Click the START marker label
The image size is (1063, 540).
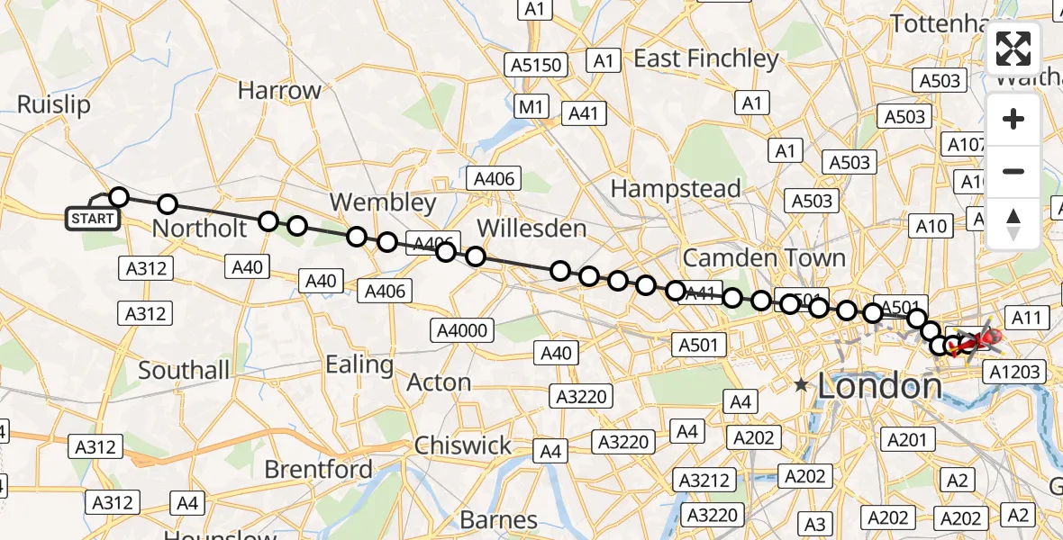[x=93, y=219]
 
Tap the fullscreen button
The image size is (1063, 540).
[x=1013, y=49]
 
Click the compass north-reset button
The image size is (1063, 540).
[x=1013, y=224]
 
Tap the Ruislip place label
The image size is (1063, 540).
[x=54, y=104]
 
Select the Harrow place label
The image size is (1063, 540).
[x=279, y=90]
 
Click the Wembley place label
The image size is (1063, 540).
[x=383, y=202]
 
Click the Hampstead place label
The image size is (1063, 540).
[x=676, y=189]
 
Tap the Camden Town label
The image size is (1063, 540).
[x=764, y=258]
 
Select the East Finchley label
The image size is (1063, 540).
[x=706, y=58]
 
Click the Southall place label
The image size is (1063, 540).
[x=184, y=369]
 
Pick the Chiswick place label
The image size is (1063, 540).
[x=462, y=445]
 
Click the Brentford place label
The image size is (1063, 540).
[x=318, y=469]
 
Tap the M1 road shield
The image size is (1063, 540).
[x=531, y=107]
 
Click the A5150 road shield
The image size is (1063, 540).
[x=538, y=65]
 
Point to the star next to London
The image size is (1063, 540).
[x=801, y=385]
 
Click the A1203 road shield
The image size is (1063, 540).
[x=1014, y=372]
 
